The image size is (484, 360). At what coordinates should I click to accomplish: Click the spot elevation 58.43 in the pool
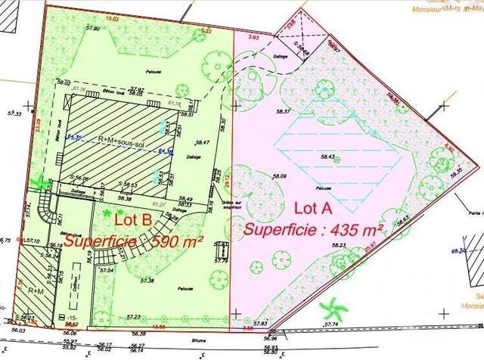point(327,157)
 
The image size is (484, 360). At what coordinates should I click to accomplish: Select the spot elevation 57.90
point(93,28)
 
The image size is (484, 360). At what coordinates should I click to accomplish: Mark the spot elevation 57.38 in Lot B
point(147,281)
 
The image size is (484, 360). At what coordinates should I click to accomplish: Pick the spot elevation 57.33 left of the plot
point(14,113)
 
